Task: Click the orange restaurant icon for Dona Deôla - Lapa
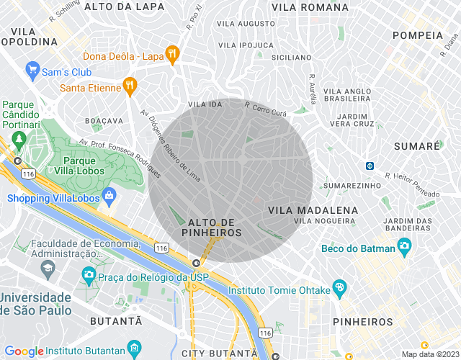pyautogui.click(x=172, y=53)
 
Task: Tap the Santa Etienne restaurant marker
pyautogui.click(x=130, y=85)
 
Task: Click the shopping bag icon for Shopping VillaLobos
pyautogui.click(x=109, y=195)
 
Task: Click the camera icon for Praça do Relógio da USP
pyautogui.click(x=89, y=274)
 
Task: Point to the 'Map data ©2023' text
pyautogui.click(x=429, y=354)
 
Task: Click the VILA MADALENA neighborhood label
pyautogui.click(x=313, y=210)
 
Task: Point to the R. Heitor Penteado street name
pyautogui.click(x=412, y=185)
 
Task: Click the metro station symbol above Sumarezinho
pyautogui.click(x=370, y=166)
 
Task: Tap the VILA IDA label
pyautogui.click(x=205, y=104)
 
